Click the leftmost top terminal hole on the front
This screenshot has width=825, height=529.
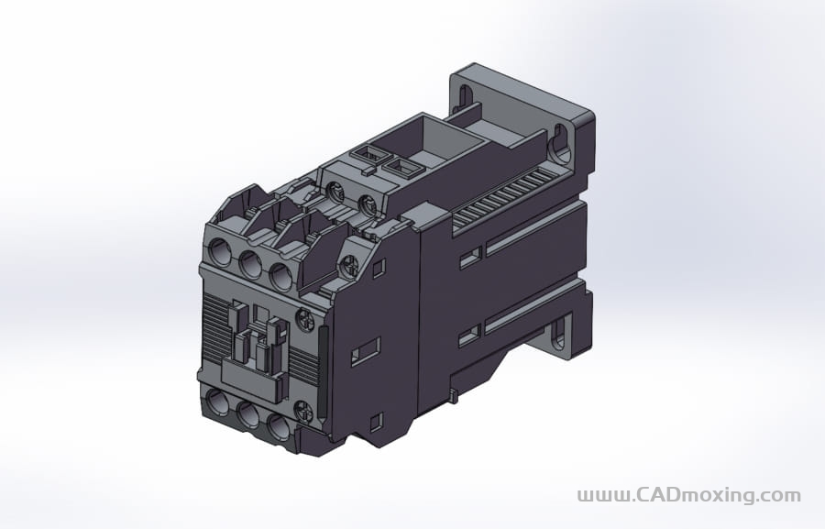coord(221,250)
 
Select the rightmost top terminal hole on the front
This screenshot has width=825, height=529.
coord(279,273)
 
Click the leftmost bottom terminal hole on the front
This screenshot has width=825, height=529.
coord(218,400)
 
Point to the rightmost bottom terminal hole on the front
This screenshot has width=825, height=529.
coord(276,426)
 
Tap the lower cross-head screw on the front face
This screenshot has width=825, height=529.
coord(304,412)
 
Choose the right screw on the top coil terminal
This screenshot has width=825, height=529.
coord(368,204)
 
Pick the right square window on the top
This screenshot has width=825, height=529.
coord(401,168)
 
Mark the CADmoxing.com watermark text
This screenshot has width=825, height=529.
coord(688,495)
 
